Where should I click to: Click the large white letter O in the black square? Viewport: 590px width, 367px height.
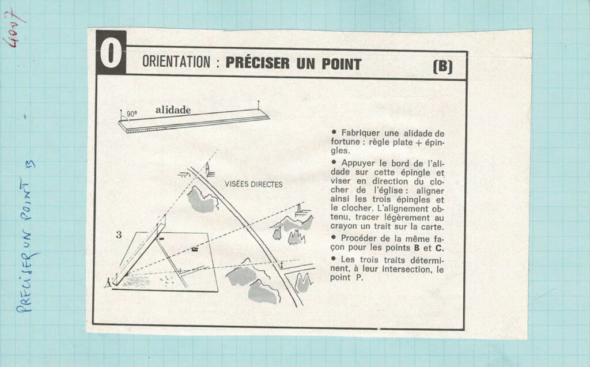[111, 53]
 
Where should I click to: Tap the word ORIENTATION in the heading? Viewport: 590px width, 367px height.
[176, 62]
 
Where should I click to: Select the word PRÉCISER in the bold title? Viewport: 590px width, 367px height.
[258, 63]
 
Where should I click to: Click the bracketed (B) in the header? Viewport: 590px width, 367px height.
[442, 67]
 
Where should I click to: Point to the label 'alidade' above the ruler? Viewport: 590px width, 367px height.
[173, 110]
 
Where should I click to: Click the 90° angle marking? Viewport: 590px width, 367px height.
[131, 113]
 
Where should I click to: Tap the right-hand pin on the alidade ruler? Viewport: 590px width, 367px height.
[258, 105]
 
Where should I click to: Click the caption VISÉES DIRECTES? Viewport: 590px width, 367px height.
[254, 184]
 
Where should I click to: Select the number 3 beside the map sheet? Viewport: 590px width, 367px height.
[119, 235]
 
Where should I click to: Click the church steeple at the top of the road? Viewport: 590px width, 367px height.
[207, 168]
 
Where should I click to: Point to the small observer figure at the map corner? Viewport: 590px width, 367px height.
[108, 282]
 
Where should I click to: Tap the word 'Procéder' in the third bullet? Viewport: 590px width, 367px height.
[359, 239]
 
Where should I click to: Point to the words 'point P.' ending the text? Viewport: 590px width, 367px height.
[346, 278]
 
